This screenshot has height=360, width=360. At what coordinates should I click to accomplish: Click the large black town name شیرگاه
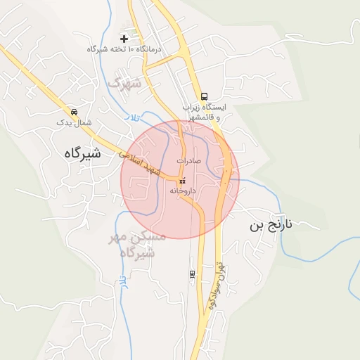click(x=72, y=152)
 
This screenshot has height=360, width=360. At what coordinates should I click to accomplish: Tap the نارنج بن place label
click(x=280, y=226)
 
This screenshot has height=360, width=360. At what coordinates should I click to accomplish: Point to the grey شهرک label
click(x=124, y=84)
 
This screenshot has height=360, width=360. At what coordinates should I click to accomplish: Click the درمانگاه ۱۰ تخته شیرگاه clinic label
click(x=124, y=49)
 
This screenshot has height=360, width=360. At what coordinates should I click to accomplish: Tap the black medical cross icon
click(x=124, y=38)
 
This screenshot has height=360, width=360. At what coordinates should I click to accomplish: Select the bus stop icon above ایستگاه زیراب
click(x=204, y=96)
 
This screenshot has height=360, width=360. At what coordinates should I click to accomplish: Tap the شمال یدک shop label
click(x=75, y=122)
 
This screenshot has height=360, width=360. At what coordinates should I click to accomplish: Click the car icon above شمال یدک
click(x=74, y=112)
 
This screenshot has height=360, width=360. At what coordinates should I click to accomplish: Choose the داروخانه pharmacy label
click(x=182, y=191)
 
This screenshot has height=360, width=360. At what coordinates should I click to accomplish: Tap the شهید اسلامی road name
click(x=140, y=161)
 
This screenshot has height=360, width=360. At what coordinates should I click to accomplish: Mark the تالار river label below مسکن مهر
click(x=122, y=281)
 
